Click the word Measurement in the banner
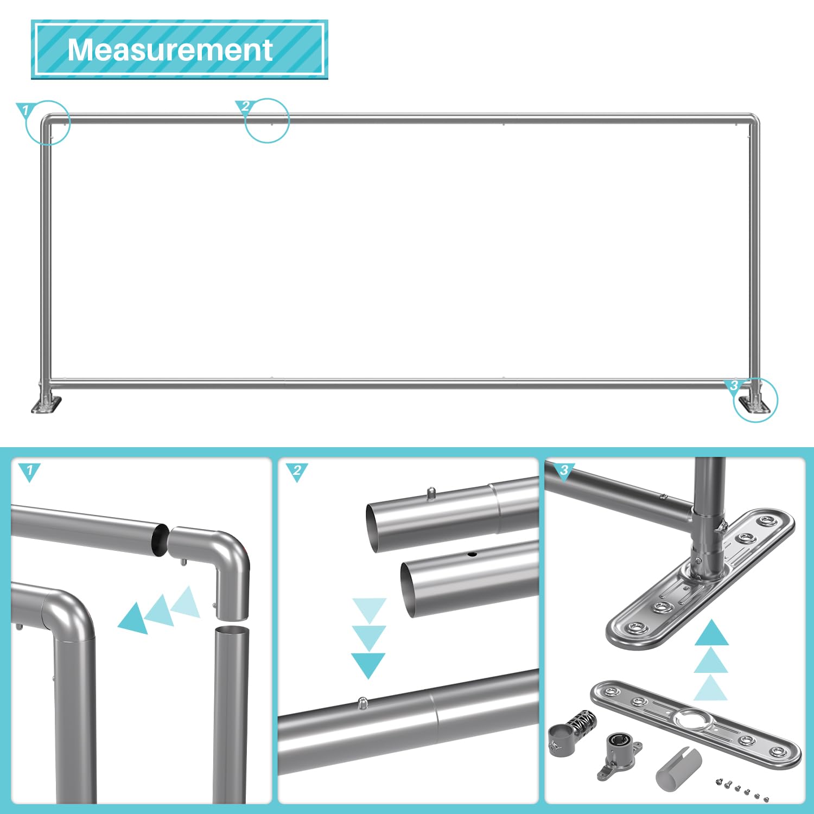170,50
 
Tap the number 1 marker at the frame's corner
24,110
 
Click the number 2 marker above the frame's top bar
244,106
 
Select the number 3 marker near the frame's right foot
734,385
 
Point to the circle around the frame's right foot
755,400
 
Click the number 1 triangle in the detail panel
29,470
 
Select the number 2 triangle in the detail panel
296,470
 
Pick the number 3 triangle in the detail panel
564,470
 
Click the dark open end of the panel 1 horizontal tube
160,539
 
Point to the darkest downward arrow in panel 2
368,664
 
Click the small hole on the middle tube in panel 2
472,555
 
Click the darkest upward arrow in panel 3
711,634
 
